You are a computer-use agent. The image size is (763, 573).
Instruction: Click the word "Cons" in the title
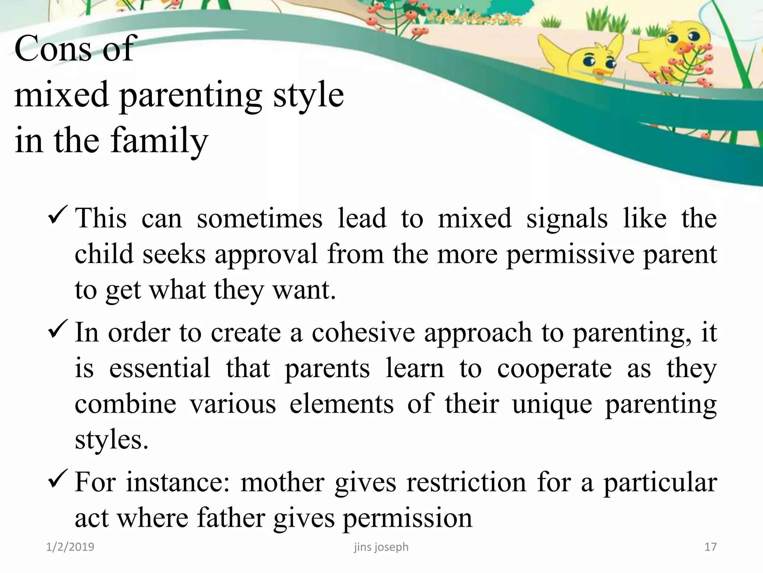(x=53, y=49)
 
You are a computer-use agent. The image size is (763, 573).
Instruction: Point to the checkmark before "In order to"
(x=58, y=328)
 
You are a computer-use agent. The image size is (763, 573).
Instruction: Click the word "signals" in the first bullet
(x=567, y=219)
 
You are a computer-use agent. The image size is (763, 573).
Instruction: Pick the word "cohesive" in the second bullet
(x=363, y=332)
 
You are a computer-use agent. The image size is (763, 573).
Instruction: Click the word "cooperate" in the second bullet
(x=554, y=368)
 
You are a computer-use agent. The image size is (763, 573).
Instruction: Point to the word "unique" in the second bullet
(x=552, y=404)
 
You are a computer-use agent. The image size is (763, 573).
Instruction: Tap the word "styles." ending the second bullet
(x=111, y=440)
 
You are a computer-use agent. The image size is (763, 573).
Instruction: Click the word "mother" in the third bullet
(x=282, y=482)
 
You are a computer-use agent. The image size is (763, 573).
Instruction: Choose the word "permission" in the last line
(x=407, y=518)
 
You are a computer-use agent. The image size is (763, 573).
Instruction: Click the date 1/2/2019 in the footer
(x=70, y=547)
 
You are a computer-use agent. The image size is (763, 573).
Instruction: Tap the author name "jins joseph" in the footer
(x=381, y=547)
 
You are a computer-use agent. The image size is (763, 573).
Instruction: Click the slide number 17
(x=710, y=547)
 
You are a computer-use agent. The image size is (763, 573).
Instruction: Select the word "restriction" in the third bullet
(x=466, y=482)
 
